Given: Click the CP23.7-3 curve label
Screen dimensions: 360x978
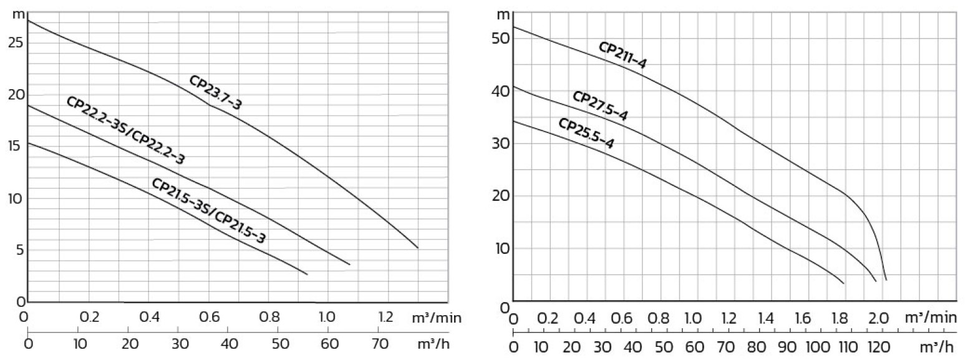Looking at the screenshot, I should (215, 93).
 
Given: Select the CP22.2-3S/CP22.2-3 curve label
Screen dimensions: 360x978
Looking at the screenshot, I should (125, 131).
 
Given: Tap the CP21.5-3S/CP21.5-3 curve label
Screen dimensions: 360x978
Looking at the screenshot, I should (209, 211).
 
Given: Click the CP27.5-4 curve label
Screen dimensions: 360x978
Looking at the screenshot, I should (600, 106).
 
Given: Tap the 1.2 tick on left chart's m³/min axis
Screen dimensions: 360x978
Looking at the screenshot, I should (386, 317).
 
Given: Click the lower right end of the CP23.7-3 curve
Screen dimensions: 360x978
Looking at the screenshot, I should (417, 248).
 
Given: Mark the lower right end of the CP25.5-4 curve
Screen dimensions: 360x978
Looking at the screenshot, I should (843, 283).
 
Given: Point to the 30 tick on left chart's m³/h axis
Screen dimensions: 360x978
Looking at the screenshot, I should (180, 344).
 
